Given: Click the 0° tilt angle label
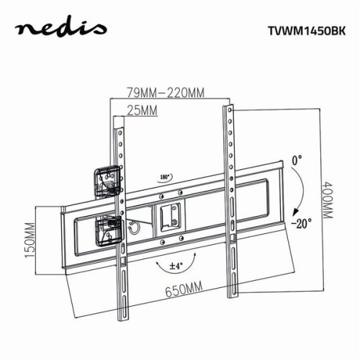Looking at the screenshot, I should coord(297,158).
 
